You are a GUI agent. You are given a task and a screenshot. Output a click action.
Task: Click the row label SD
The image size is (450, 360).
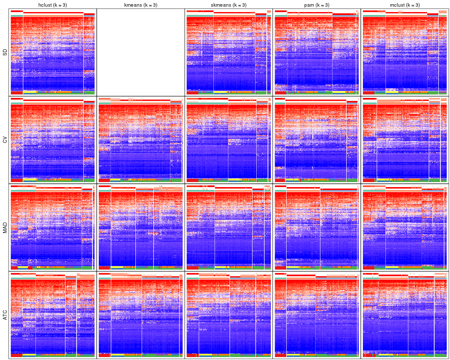pyautogui.click(x=5, y=52)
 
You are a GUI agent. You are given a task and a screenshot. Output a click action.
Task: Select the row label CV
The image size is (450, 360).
pyautogui.click(x=5, y=140)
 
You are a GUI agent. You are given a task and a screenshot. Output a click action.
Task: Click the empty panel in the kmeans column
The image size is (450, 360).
pyautogui.click(x=140, y=52)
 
